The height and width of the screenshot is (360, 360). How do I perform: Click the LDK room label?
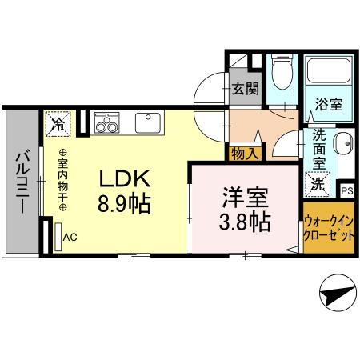click(121, 178)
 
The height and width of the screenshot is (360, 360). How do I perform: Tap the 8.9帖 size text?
click(121, 202)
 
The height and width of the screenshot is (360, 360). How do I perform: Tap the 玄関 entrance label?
click(245, 89)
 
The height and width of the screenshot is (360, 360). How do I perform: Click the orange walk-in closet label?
click(328, 232)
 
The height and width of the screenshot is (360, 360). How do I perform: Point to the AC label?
click(70, 237)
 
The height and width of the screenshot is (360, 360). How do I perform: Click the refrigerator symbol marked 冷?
click(58, 122)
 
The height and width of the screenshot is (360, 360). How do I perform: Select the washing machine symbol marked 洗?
click(318, 182)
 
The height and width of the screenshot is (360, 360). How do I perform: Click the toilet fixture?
click(280, 77)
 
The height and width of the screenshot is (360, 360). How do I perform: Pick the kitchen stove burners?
click(106, 123)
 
